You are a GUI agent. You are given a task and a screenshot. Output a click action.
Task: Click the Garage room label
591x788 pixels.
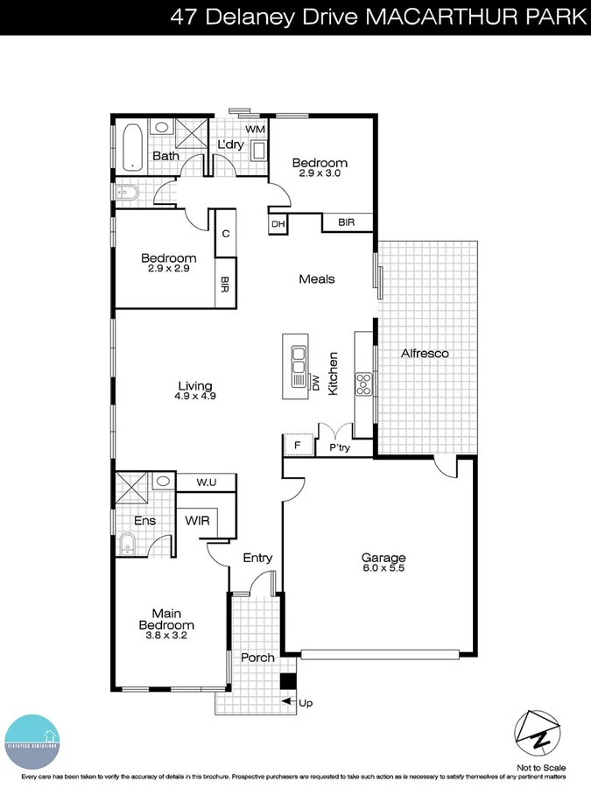pyautogui.click(x=384, y=557)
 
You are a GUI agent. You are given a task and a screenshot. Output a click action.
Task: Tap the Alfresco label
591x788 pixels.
pyautogui.click(x=425, y=354)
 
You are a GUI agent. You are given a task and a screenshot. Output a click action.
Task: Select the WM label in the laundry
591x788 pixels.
pyautogui.click(x=255, y=130)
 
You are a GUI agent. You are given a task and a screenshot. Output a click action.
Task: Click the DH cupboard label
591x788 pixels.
pyautogui.click(x=278, y=224)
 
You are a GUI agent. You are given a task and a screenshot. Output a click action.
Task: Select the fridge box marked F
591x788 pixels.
pyautogui.click(x=298, y=446)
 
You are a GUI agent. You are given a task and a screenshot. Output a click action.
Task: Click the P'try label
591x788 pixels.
pyautogui.click(x=339, y=447)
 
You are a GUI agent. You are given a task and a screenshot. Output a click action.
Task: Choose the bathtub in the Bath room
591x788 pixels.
pyautogui.click(x=132, y=147)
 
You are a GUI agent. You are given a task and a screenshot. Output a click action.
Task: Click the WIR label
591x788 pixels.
pyautogui.click(x=196, y=520)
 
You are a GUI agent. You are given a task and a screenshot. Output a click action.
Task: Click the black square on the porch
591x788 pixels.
pyautogui.click(x=286, y=682)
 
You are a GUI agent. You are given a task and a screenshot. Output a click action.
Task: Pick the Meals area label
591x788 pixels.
pyautogui.click(x=317, y=279)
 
